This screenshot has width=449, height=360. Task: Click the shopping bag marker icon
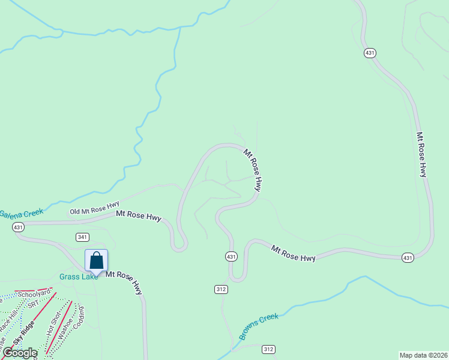pyautogui.click(x=96, y=261)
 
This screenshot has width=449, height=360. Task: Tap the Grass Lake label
pyautogui.click(x=78, y=277)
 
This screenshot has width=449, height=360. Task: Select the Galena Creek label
pyautogui.click(x=20, y=213)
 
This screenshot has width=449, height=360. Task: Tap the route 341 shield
pyautogui.click(x=83, y=237)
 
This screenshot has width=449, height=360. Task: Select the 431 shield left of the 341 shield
pyautogui.click(x=18, y=227)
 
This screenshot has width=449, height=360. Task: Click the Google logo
pyautogui.click(x=19, y=353)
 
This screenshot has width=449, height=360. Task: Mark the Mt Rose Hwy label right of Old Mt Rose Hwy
pyautogui.click(x=139, y=215)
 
